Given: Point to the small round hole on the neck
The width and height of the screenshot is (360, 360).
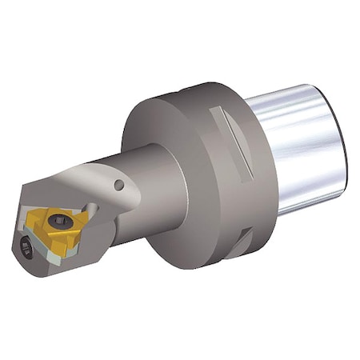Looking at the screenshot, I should [119, 186].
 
